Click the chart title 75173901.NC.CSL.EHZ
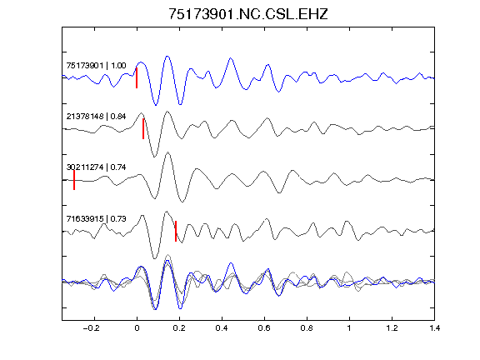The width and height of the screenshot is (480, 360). pos(248,14)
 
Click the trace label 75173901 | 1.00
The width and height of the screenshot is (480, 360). pos(96,66)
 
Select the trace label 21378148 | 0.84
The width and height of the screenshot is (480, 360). pos(96,117)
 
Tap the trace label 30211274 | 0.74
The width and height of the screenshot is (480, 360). pos(96,167)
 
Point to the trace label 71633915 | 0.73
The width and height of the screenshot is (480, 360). pos(96,218)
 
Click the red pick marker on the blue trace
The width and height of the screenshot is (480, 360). pos(137,78)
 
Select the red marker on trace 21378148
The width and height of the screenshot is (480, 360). pos(143,129)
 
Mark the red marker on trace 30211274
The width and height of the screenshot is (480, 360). pos(74,180)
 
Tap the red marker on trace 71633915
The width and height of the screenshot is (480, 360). pos(176,231)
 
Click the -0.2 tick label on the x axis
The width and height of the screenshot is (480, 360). pos(92,328)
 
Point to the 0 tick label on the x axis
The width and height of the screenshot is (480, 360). pos(137,328)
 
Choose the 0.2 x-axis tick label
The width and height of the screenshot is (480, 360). pos(179,328)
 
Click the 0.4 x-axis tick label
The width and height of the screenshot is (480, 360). pos(222,328)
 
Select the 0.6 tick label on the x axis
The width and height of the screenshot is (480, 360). pos(264,328)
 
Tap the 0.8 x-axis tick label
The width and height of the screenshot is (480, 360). pos(307,328)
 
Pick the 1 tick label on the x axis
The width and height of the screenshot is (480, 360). pos(349,328)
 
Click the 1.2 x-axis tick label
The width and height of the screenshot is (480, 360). pos(392,328)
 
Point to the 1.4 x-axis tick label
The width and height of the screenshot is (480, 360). pos(434,328)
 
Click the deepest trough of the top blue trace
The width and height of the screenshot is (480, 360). pos(156,105)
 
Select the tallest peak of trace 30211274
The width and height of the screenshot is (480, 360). pos(167,152)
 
